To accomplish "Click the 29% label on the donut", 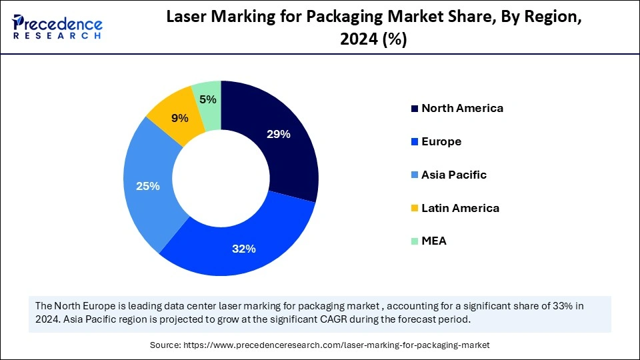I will pyautogui.click(x=278, y=134).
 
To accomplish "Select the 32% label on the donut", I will pyautogui.click(x=244, y=249).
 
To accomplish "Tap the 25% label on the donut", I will pyautogui.click(x=148, y=186).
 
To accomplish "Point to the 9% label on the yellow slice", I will pyautogui.click(x=179, y=118).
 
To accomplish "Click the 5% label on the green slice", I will pyautogui.click(x=207, y=99).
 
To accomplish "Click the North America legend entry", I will pyautogui.click(x=462, y=108).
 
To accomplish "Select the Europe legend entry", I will pyautogui.click(x=441, y=141).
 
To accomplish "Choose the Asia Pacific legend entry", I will pyautogui.click(x=453, y=175).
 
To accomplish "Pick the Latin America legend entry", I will pyautogui.click(x=460, y=208).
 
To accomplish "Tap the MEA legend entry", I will pyautogui.click(x=433, y=241).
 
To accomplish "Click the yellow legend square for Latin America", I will pyautogui.click(x=415, y=209).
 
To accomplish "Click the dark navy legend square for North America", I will pyautogui.click(x=415, y=109).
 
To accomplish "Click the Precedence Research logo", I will pyautogui.click(x=57, y=27).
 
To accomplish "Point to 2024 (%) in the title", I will pyautogui.click(x=373, y=40).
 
